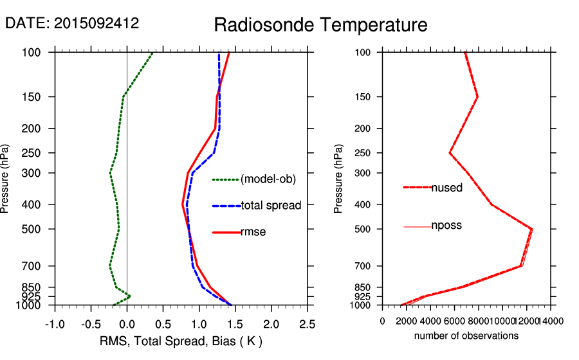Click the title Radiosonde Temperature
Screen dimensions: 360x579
coord(320,25)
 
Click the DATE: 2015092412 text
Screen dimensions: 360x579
coord(72,24)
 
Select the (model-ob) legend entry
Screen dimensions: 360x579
coord(268,179)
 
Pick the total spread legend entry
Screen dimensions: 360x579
coord(271,206)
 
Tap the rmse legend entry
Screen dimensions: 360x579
coord(253,232)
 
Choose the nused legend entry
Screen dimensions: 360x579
coord(446,188)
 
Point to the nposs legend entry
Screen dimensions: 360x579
coord(446,226)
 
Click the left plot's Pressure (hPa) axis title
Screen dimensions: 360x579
coord(6,179)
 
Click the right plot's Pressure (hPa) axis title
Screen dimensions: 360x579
coord(339,179)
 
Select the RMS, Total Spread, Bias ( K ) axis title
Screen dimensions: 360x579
coord(181,341)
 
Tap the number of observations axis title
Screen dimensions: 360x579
coord(466,336)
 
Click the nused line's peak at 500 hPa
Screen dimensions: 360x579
coord(532,229)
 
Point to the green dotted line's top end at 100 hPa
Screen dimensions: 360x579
coord(152,52)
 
